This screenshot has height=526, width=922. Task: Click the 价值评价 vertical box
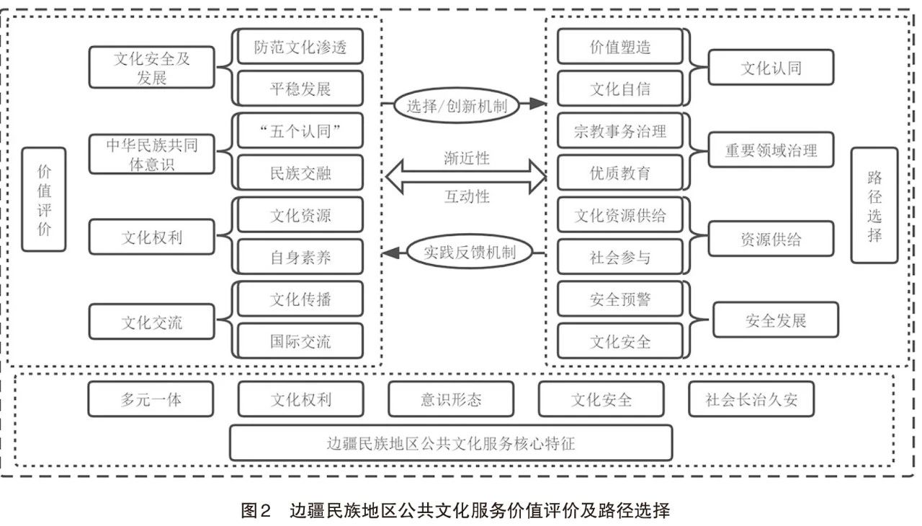point(43,199)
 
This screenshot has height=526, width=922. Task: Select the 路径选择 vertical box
point(874,205)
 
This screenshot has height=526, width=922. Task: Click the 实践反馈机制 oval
point(471,252)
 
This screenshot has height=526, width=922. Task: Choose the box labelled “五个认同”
point(300,131)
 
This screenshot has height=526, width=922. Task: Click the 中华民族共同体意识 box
point(152,154)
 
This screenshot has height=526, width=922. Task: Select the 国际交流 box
point(300,341)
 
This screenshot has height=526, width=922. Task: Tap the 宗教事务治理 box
point(619,131)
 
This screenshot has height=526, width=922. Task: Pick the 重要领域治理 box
point(771,152)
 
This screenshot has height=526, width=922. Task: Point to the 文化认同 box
point(771,68)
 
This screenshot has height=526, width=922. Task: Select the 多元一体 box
point(151,399)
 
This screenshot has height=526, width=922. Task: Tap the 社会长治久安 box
point(751,399)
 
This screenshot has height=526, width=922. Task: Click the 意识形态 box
point(451,399)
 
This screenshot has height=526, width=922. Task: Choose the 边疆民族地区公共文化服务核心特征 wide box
point(451,443)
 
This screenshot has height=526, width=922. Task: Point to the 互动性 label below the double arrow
point(467,196)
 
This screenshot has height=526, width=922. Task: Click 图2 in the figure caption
point(256,512)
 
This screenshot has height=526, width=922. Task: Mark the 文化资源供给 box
point(619,215)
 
